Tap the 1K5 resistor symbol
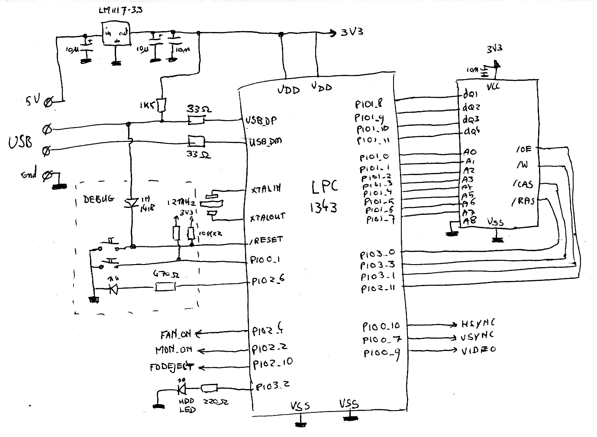[161, 105]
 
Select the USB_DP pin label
[261, 120]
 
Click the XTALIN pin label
[265, 189]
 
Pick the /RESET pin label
[266, 239]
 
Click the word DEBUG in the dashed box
[99, 199]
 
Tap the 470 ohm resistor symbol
[165, 287]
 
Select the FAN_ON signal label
[176, 334]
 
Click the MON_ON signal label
[174, 350]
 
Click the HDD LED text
[187, 405]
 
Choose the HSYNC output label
[478, 323]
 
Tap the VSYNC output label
[478, 336]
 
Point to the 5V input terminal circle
[48, 102]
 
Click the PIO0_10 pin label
[381, 326]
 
